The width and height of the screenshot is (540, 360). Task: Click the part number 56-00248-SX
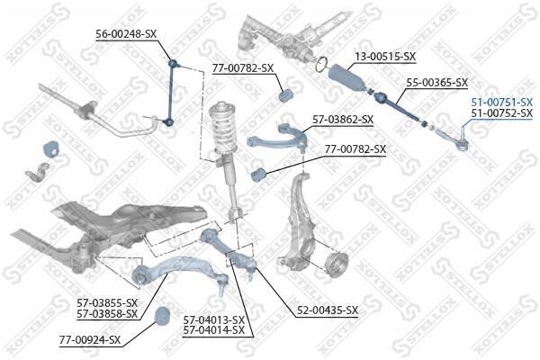tap(126, 34)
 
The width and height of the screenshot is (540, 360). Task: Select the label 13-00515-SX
tap(385, 56)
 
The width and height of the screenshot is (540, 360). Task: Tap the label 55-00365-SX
tap(437, 82)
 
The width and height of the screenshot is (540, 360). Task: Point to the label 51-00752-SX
tap(502, 112)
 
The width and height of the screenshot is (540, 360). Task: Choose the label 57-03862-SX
tap(343, 120)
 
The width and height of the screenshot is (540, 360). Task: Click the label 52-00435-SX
tap(328, 310)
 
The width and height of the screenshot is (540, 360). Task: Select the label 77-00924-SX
tap(90, 340)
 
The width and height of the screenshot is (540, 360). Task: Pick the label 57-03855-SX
tap(107, 303)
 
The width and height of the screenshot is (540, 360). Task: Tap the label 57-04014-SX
tap(214, 330)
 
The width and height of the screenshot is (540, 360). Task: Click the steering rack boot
tap(346, 78)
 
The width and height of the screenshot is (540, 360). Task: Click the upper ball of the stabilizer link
tap(173, 63)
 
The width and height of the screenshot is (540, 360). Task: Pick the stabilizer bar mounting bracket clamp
tap(37, 171)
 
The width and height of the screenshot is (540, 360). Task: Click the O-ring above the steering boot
tap(321, 64)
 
